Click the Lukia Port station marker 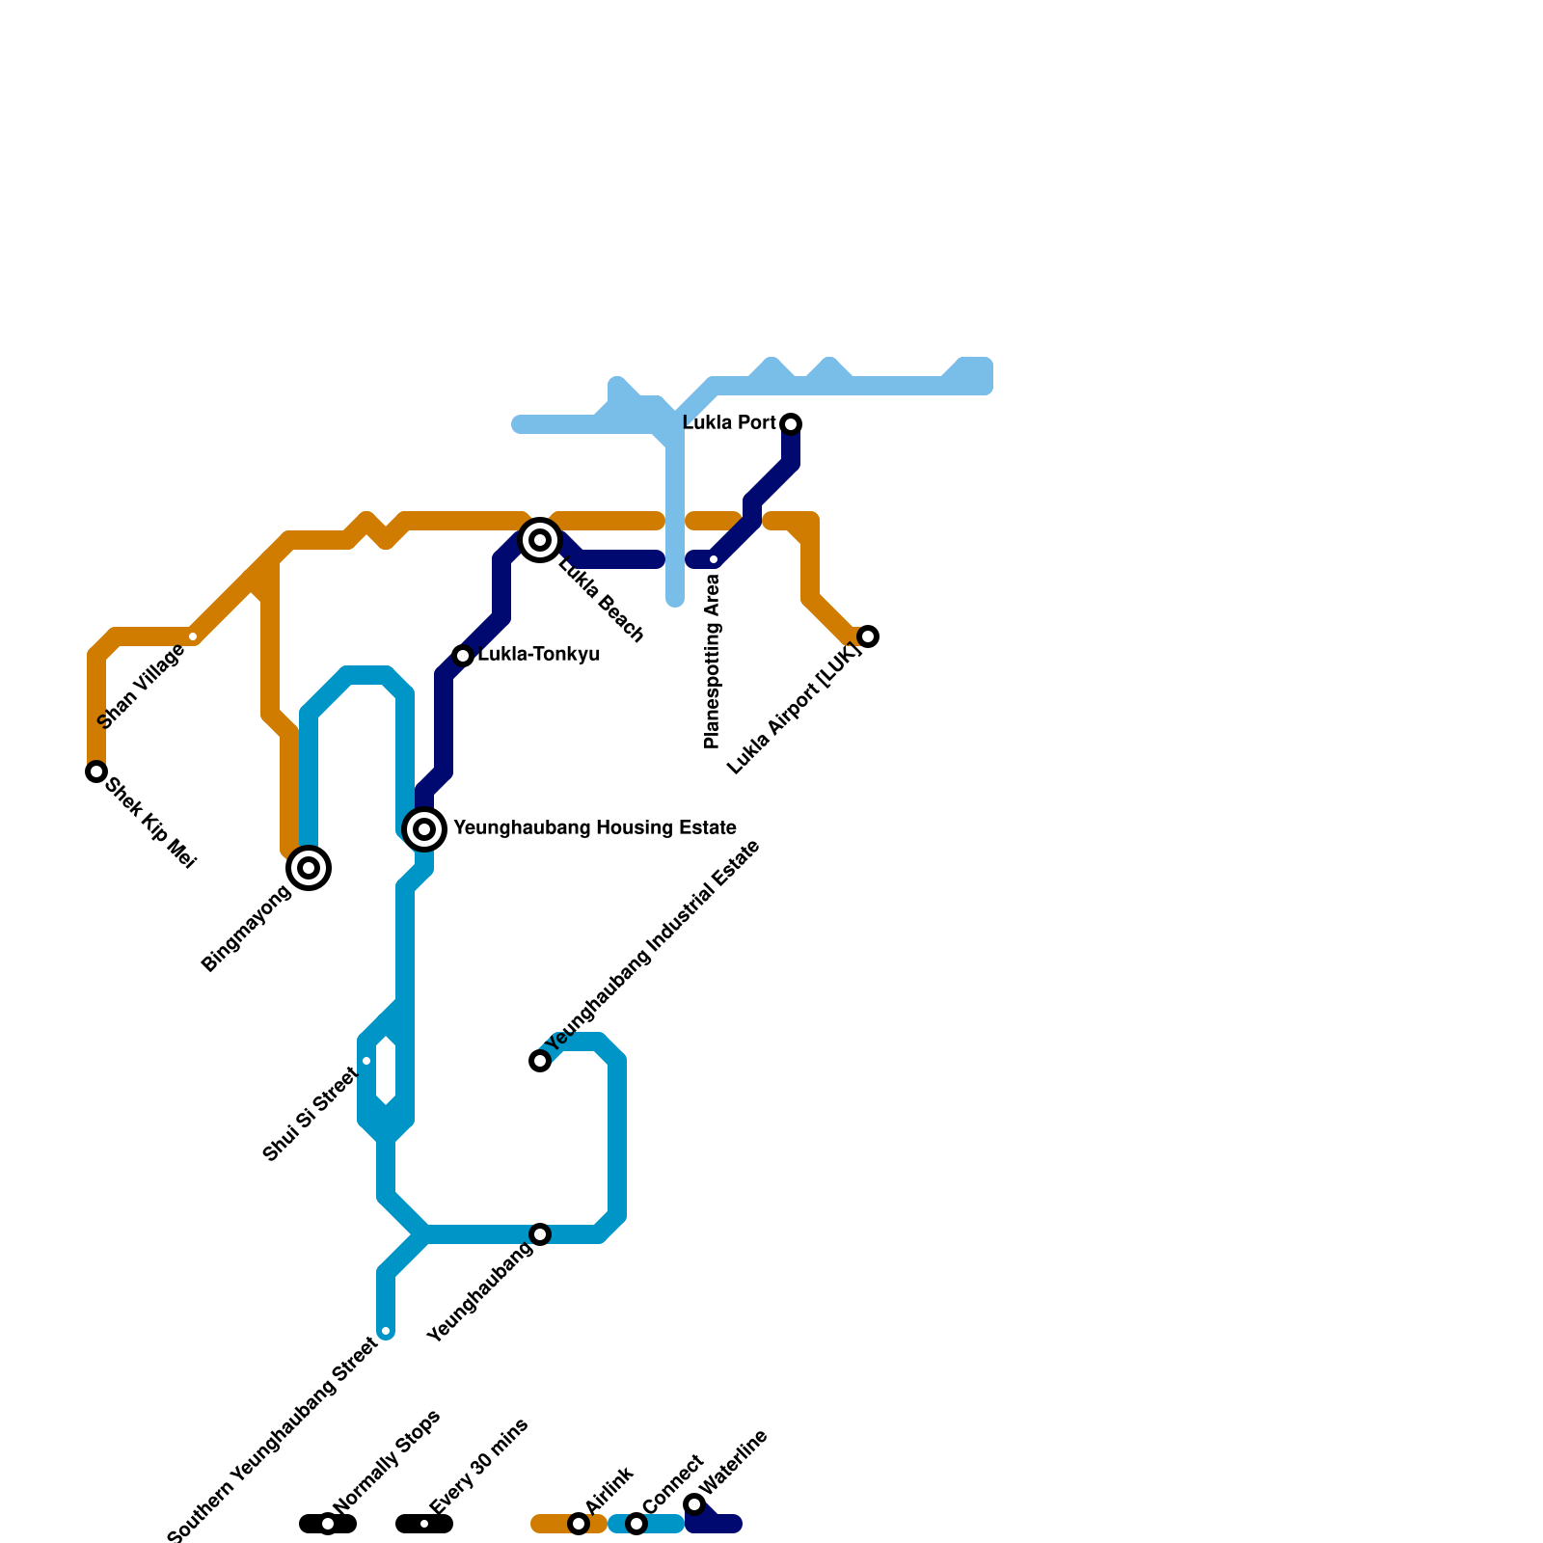click(x=791, y=424)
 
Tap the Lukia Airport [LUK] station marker click(x=868, y=636)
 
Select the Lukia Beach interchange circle click(x=540, y=540)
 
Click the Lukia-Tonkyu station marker click(x=463, y=656)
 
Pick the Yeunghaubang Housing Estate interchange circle click(x=424, y=829)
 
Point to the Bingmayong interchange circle click(x=309, y=868)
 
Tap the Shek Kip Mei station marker click(x=96, y=771)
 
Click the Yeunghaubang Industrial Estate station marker click(x=540, y=1061)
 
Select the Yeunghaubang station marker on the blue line click(x=540, y=1234)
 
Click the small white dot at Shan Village click(x=193, y=636)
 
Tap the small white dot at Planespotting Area click(x=714, y=559)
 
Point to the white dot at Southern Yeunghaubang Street click(x=386, y=1331)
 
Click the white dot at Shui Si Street click(x=366, y=1061)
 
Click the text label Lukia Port click(x=729, y=423)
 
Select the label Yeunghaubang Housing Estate click(x=594, y=828)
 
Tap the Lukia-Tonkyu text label click(x=539, y=655)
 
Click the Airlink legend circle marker click(x=579, y=1524)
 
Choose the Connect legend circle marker click(x=636, y=1524)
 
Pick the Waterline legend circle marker click(x=694, y=1504)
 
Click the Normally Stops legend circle click(x=328, y=1524)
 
